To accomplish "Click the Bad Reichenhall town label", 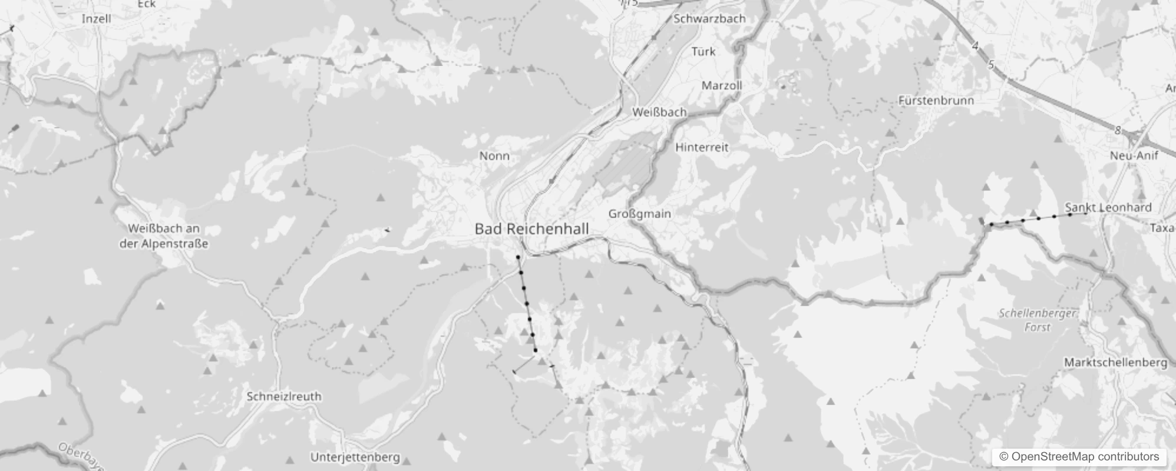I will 531,228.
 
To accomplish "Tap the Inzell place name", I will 96,18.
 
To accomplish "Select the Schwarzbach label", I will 709,18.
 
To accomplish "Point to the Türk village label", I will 703,52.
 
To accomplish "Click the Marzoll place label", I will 722,85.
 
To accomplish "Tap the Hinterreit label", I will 702,147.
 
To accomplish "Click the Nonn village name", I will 494,156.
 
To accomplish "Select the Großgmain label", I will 639,213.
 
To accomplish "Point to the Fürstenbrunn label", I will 936,101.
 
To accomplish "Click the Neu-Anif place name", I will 1134,155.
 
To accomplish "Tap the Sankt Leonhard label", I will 1108,207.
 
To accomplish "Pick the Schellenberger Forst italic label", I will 1038,320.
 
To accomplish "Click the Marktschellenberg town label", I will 1115,362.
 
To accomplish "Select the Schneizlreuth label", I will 284,396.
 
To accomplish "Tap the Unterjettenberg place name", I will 355,457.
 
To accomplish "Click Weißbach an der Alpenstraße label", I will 164,236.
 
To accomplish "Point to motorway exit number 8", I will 1117,131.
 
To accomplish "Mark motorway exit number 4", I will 975,46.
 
